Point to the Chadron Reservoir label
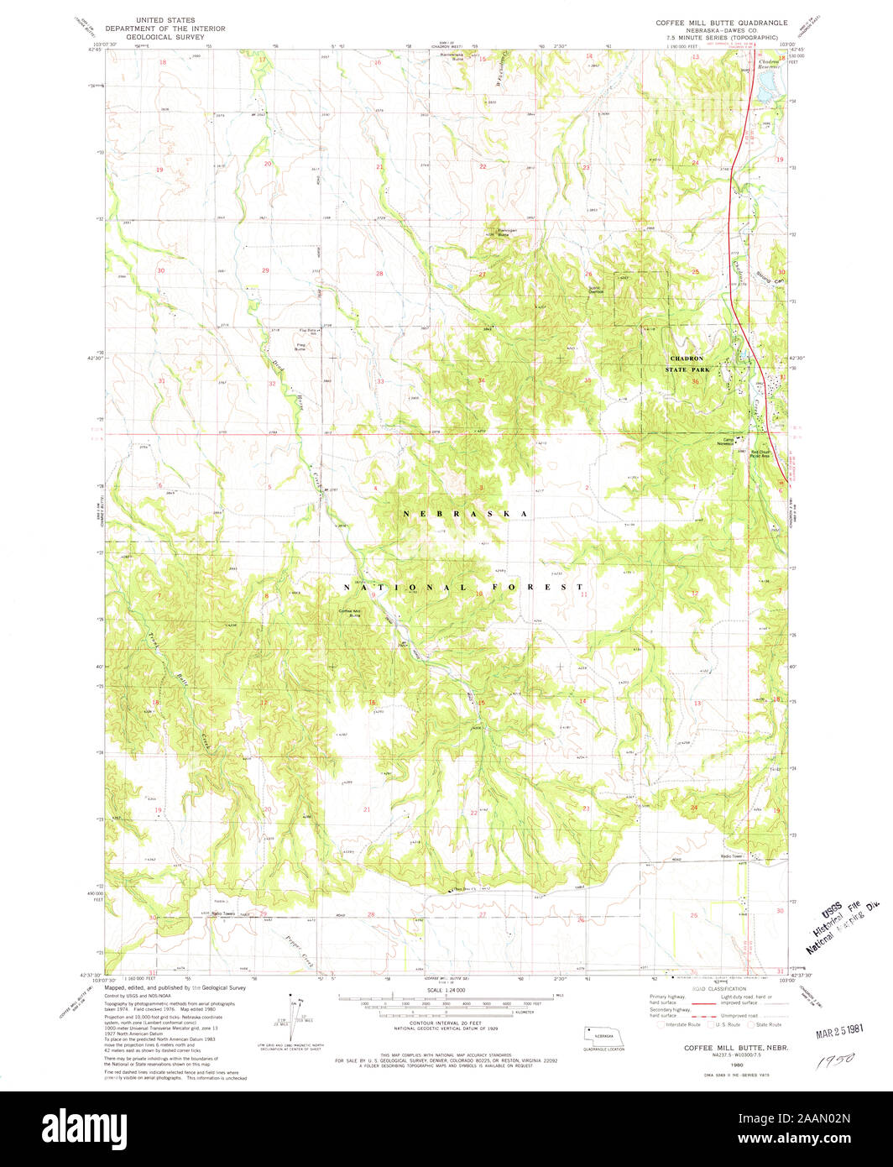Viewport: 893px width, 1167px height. click(x=770, y=64)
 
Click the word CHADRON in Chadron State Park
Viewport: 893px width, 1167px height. click(x=686, y=358)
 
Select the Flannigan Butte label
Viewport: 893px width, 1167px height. click(x=499, y=234)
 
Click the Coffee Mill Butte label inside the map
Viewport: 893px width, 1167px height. click(x=348, y=613)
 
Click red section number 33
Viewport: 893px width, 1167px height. click(x=380, y=381)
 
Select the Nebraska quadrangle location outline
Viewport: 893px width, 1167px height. click(x=604, y=1037)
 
